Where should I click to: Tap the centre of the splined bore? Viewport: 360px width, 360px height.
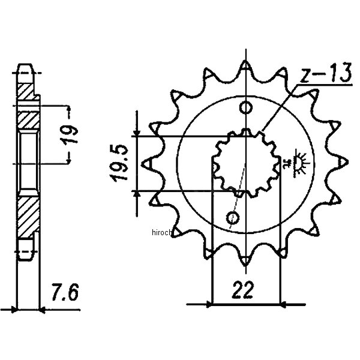pos(246,163)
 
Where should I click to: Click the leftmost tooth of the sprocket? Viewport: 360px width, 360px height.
pos(146,163)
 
